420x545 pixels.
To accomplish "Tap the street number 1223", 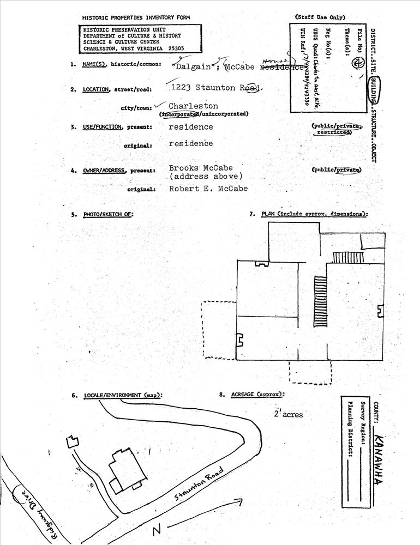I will point(182,88).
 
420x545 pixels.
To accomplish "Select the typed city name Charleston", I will point(193,106).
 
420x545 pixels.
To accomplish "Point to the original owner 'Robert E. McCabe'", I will point(208,189).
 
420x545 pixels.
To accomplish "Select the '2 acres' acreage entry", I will point(289,414).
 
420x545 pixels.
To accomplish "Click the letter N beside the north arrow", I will point(157,530).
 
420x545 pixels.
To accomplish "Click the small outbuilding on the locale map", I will point(72,441).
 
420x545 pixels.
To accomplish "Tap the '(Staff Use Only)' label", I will point(320,17).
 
